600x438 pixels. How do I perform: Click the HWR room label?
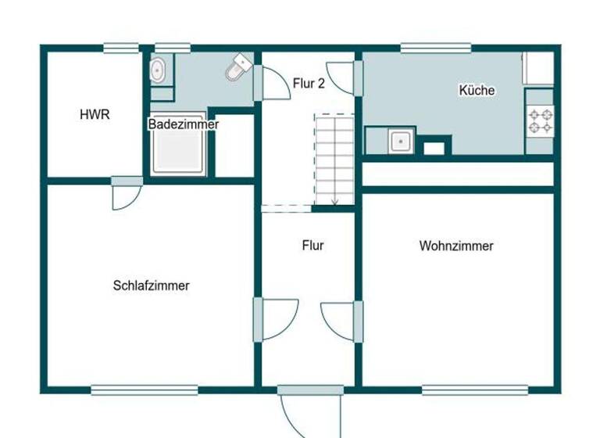95,114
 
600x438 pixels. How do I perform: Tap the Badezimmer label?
184,124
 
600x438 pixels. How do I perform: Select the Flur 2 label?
309,84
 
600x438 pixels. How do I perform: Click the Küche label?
477,90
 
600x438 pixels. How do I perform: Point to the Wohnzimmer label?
456,246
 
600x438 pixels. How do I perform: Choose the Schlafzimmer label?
151,285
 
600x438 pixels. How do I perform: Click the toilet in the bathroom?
237,69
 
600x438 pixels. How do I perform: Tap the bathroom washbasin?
159,70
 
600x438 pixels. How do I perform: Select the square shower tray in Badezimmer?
179,152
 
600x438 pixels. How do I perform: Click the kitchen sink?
400,142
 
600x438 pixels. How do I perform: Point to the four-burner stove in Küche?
540,120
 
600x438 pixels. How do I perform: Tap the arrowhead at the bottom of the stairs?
334,202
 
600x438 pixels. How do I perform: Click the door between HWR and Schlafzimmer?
127,194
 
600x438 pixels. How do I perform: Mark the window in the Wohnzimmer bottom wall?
475,389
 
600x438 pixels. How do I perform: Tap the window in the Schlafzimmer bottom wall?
145,389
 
